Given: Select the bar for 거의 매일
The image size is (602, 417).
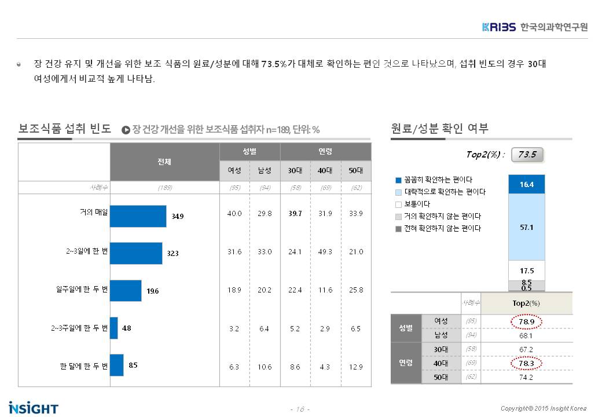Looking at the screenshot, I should click(138, 216).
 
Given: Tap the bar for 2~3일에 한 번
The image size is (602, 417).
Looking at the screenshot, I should click(136, 253).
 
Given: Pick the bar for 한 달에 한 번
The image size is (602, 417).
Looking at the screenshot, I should click(116, 365).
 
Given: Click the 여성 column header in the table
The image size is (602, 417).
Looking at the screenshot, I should click(234, 170).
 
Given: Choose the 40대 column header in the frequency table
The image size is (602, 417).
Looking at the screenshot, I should click(326, 170).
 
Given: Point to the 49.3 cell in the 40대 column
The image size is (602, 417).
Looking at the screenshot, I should click(326, 252).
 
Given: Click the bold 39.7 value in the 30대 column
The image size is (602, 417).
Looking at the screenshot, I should click(295, 214).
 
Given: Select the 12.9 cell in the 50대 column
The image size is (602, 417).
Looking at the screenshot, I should click(356, 367).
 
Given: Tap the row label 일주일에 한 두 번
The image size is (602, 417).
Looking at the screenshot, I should click(78, 290).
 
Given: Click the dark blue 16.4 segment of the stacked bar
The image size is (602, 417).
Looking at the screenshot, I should click(527, 184).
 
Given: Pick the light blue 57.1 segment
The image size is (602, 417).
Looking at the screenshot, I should click(527, 227).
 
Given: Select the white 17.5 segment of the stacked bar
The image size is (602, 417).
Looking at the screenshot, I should click(527, 270).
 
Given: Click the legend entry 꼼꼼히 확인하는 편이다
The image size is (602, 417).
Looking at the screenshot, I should click(434, 180).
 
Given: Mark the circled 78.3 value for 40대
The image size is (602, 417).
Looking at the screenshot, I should click(526, 363).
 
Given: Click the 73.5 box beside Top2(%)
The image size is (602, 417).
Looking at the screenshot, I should click(527, 155).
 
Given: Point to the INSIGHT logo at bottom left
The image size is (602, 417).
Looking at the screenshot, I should click(34, 407).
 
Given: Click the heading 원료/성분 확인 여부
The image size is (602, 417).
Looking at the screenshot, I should click(440, 129).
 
